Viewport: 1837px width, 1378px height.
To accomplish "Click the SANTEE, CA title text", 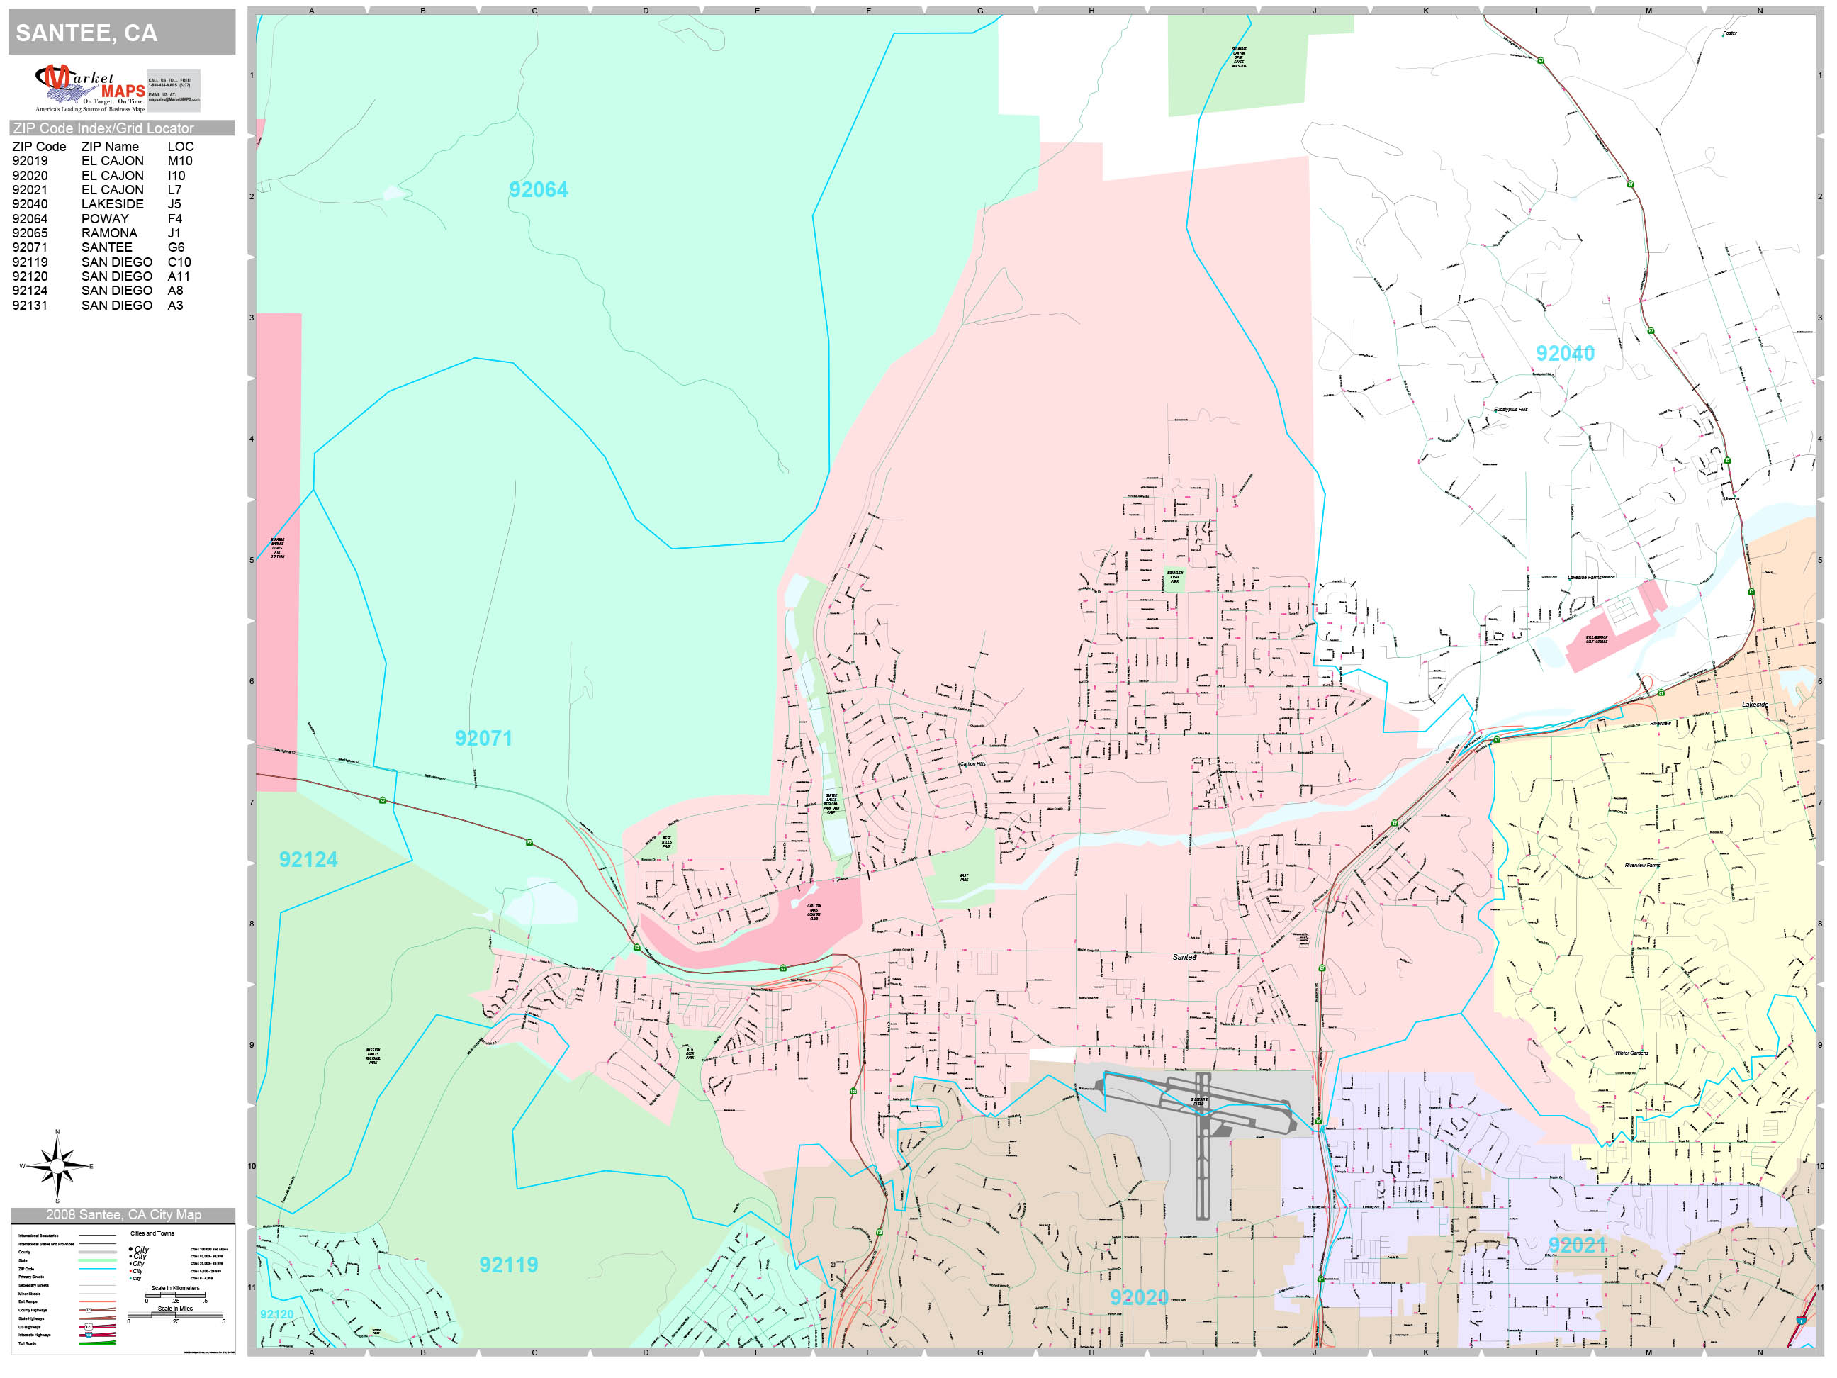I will (x=86, y=33).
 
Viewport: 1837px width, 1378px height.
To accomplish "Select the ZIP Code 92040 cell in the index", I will (x=30, y=204).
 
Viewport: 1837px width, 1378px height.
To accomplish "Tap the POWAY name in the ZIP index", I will (x=105, y=219).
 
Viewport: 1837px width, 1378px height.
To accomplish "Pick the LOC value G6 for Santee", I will (x=176, y=247).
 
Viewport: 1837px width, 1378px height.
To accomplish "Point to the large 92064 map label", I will (x=538, y=190).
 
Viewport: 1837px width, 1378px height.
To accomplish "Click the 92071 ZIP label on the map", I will (x=483, y=739).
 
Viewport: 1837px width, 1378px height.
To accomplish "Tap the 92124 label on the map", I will (x=308, y=860).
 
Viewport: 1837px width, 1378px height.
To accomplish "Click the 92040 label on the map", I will (x=1565, y=354).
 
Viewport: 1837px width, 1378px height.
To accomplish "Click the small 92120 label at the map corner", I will (x=276, y=1314).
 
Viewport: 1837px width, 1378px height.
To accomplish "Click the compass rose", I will (x=57, y=1166).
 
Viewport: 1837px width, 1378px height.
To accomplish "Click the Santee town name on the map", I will (x=1184, y=958).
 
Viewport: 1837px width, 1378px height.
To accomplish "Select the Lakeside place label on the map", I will (x=1754, y=705).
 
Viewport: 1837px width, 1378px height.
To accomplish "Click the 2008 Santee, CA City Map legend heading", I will (x=123, y=1214).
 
